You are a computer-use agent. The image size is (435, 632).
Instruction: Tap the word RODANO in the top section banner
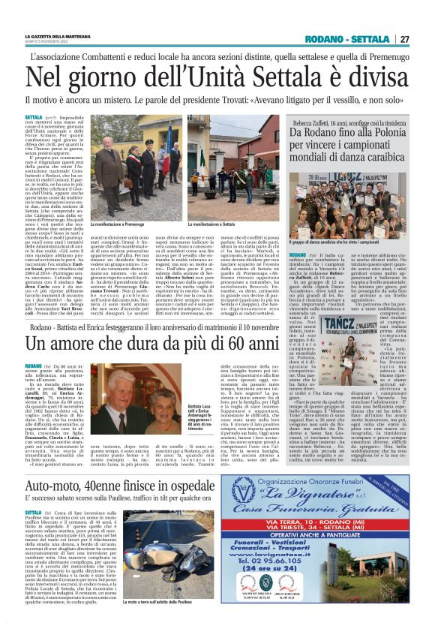tap(323, 39)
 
